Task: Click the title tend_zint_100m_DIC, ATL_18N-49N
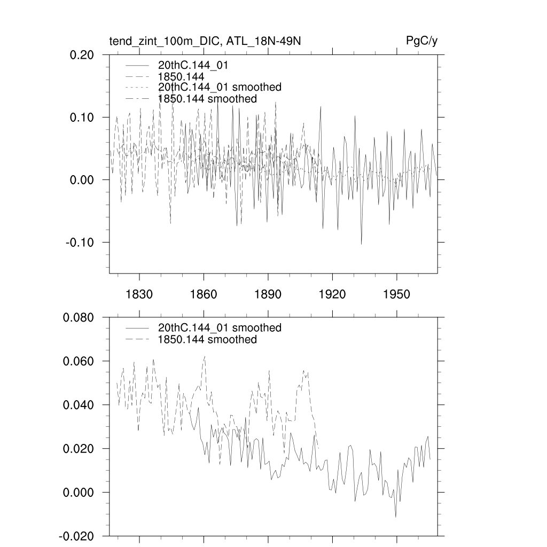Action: tap(205, 41)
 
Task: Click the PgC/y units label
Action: tap(422, 41)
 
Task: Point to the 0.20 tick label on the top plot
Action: tap(82, 54)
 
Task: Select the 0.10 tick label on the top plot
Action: tap(82, 117)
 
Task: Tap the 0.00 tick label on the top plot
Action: tap(82, 179)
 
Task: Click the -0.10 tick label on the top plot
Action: tap(81, 242)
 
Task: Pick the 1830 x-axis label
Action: tap(139, 294)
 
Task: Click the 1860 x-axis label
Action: tap(204, 294)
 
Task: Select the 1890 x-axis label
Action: tap(268, 294)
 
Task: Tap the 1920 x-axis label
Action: tap(332, 294)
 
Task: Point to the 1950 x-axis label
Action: tap(397, 294)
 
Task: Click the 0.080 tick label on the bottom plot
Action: tap(79, 317)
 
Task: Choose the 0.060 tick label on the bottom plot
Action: tap(79, 361)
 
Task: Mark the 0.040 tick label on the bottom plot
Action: tap(79, 405)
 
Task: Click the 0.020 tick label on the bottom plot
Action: tap(79, 449)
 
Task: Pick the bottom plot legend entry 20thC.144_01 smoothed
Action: tap(220, 327)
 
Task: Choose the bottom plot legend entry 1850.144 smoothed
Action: tap(207, 340)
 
